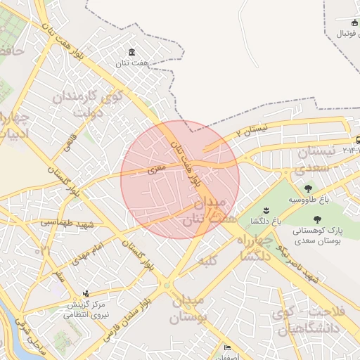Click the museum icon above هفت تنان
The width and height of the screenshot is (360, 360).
[132, 53]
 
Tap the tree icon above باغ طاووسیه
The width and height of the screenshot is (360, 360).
[308, 188]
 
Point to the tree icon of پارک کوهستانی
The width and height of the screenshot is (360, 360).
[328, 219]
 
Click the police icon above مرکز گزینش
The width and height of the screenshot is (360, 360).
[86, 293]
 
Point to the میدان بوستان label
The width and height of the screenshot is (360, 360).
[190, 310]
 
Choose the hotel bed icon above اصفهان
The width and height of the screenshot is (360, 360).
[227, 348]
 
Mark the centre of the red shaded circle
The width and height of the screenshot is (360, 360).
[180, 179]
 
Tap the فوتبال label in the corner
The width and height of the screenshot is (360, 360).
[347, 33]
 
